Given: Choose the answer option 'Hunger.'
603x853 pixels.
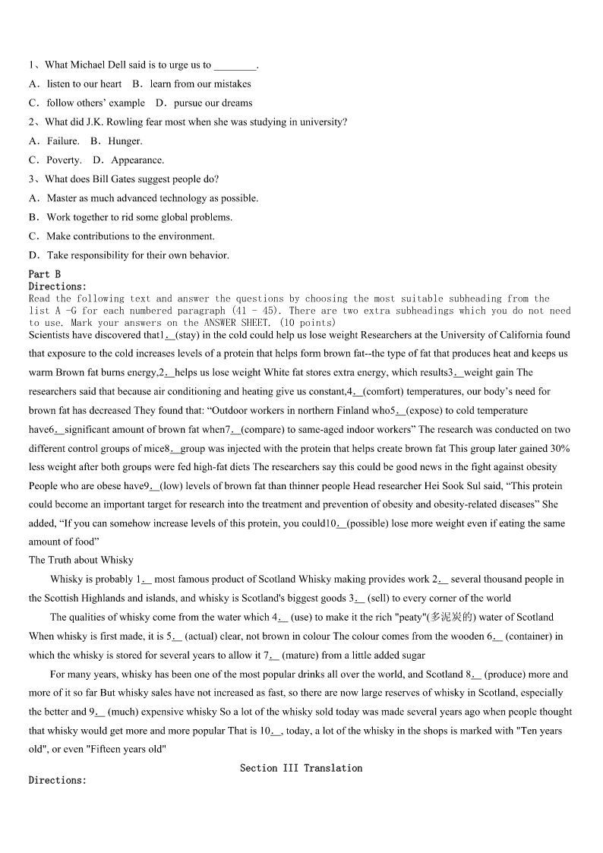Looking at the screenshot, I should [x=125, y=141].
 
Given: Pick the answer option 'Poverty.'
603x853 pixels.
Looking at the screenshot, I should [x=64, y=160].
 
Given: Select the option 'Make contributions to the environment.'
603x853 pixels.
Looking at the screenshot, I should [x=131, y=236].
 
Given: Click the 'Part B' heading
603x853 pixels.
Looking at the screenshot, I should [x=45, y=274].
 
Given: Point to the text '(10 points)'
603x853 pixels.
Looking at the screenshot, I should [x=308, y=323].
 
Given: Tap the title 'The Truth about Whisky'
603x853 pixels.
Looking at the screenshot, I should [x=81, y=561].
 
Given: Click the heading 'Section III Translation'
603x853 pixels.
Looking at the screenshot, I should [x=301, y=769].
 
